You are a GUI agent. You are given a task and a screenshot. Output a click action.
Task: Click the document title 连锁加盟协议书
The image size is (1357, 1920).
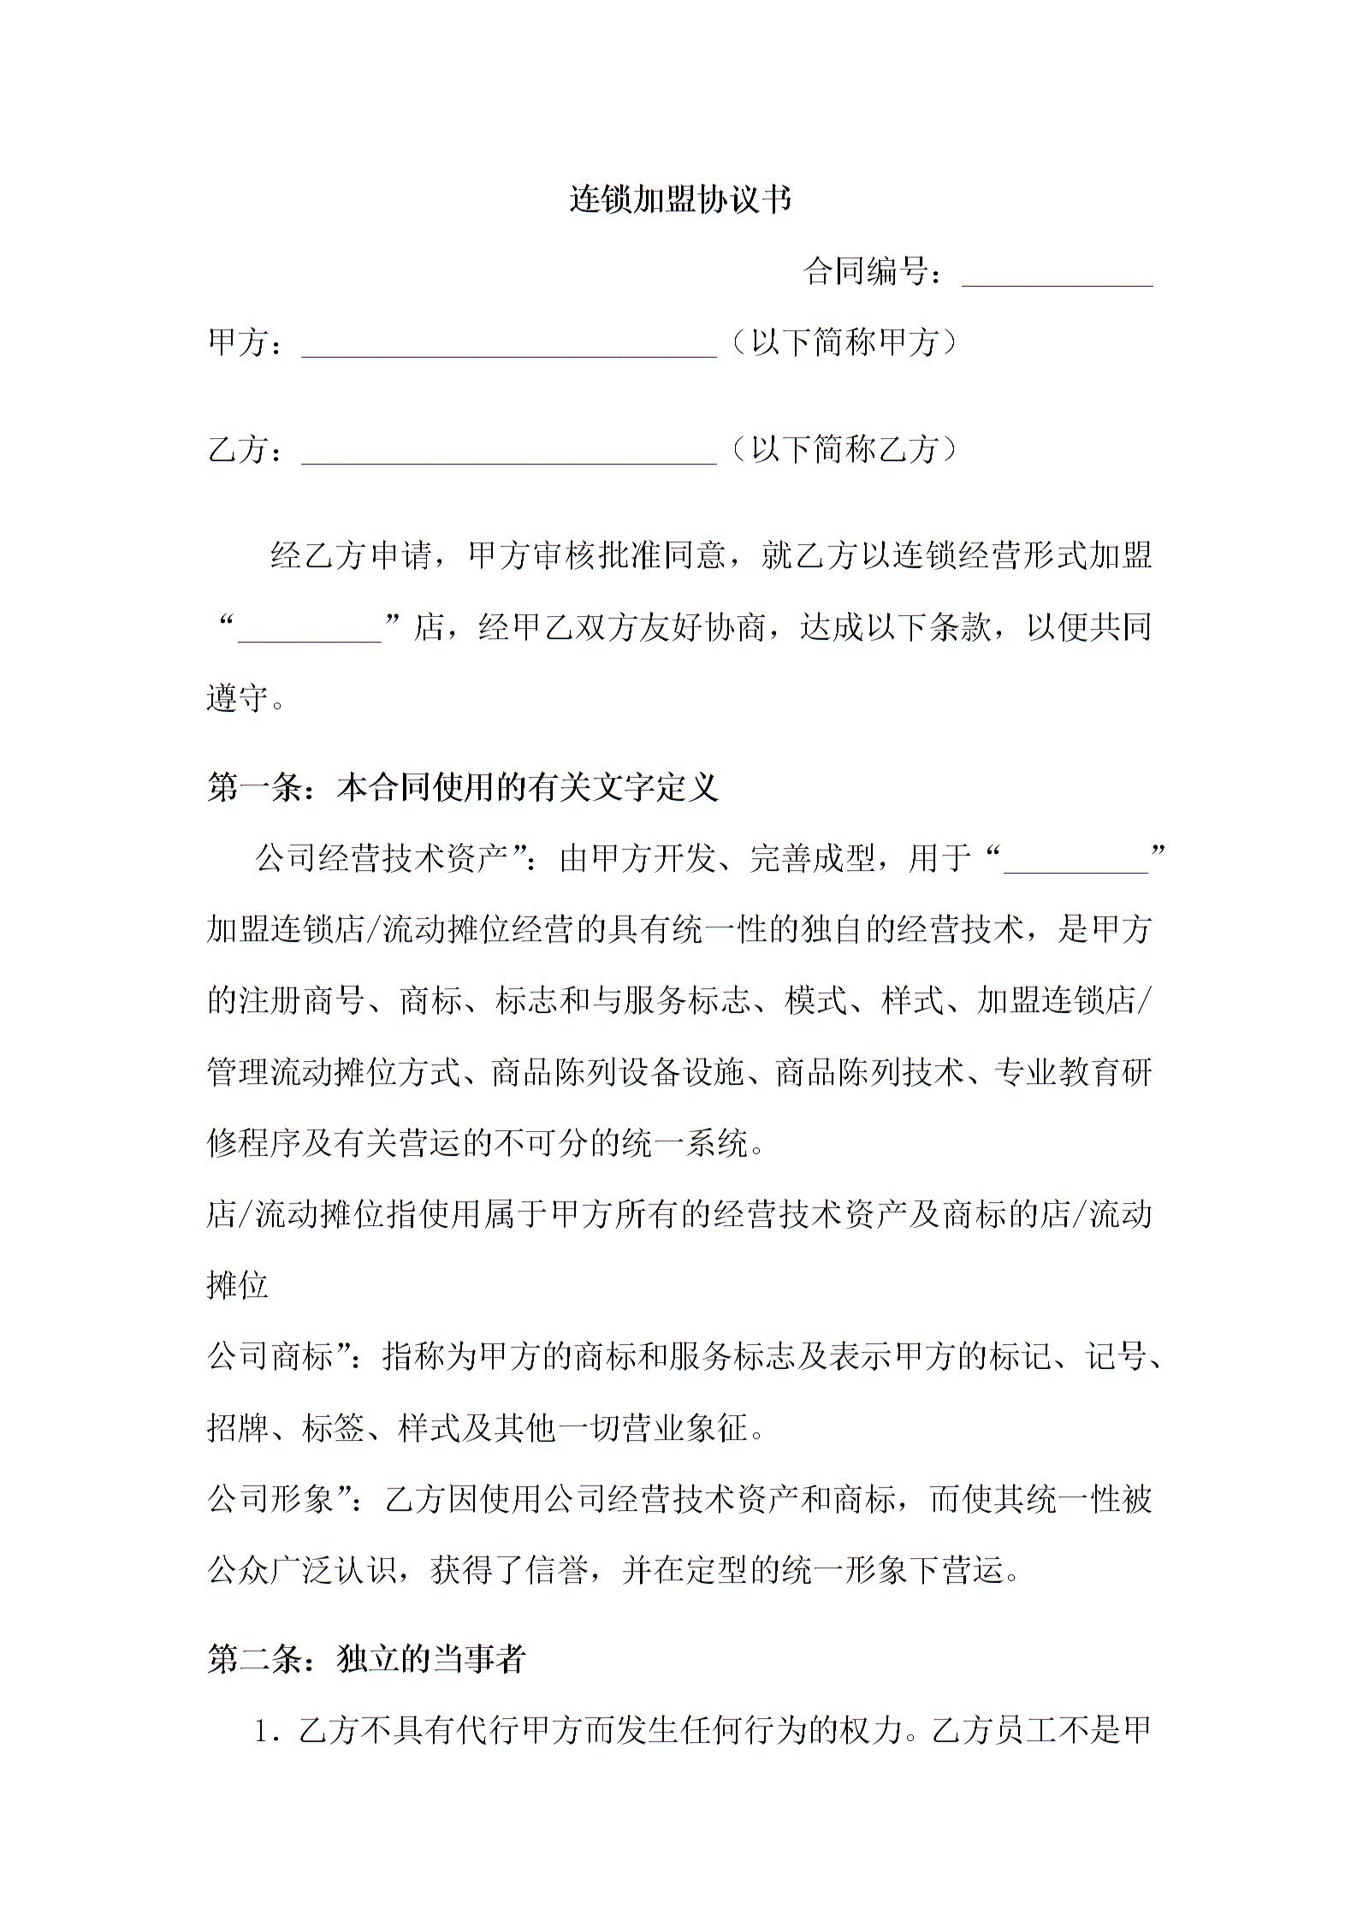(680, 199)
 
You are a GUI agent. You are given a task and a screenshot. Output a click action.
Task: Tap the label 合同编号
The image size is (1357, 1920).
(866, 272)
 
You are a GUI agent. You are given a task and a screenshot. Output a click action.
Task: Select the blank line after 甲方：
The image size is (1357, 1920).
(508, 347)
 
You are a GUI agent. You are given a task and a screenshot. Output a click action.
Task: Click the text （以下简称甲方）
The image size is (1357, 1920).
(844, 342)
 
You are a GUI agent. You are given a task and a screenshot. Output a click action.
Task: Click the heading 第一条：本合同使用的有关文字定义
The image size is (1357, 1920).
(463, 787)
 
